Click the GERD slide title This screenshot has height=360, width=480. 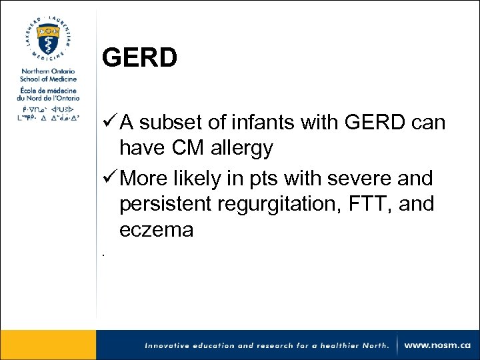click(139, 58)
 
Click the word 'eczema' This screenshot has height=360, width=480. click(157, 230)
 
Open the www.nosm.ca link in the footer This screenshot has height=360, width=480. click(437, 345)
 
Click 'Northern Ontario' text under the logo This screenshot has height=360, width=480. click(47, 71)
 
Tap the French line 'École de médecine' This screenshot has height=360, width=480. click(47, 91)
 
